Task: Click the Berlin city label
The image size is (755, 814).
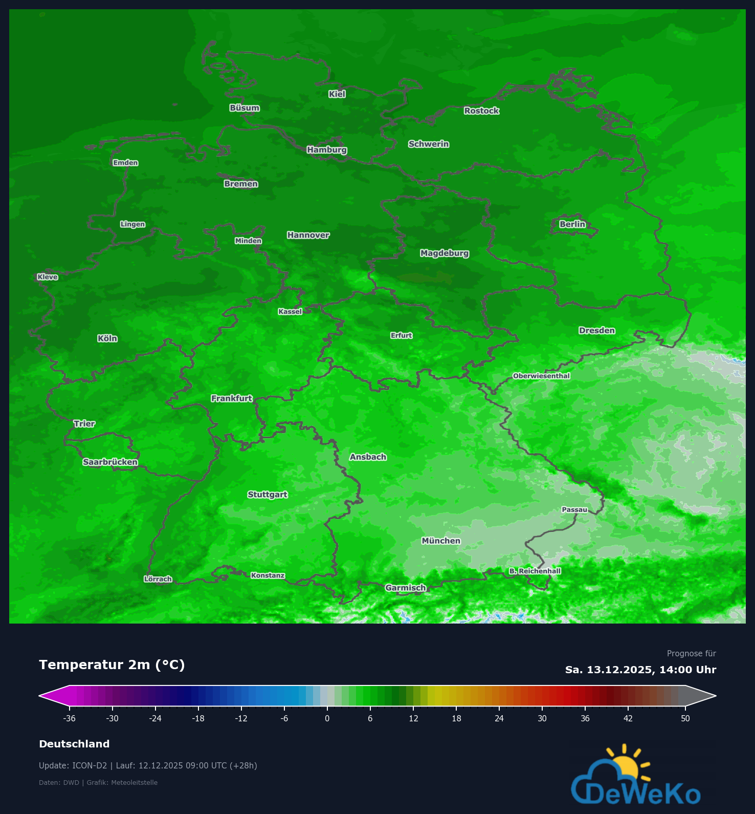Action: (x=572, y=224)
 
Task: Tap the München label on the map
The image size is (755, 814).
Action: (x=441, y=541)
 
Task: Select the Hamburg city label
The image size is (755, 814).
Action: (x=327, y=150)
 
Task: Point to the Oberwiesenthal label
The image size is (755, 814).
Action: (x=541, y=376)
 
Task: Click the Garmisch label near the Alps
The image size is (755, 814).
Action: (x=406, y=588)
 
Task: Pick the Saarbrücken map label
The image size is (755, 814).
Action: (x=110, y=462)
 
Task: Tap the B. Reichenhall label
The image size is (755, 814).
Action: (x=535, y=571)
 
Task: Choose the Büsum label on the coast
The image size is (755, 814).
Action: (x=245, y=108)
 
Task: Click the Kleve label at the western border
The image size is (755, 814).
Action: (x=48, y=277)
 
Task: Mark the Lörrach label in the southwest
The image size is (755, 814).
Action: (x=158, y=579)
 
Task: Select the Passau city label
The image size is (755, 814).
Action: (x=574, y=509)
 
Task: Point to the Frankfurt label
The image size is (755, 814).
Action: (x=232, y=398)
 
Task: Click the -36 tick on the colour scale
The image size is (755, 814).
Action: (x=70, y=718)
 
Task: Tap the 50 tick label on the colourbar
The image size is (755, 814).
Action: (x=685, y=718)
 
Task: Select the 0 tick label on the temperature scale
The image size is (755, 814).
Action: (x=327, y=718)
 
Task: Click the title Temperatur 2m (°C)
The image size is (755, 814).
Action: (x=112, y=665)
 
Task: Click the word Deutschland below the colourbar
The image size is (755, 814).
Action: (x=74, y=744)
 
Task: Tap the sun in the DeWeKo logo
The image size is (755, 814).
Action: (x=627, y=766)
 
